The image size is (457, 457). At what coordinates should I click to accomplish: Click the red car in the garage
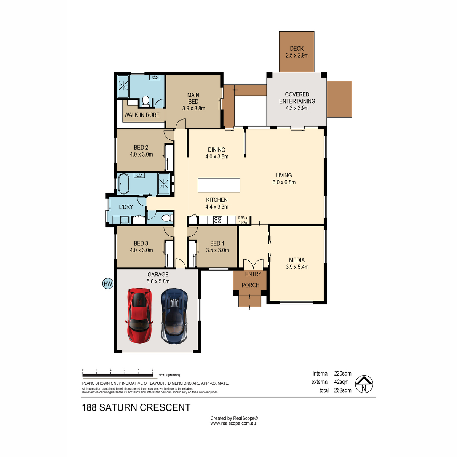click(139, 315)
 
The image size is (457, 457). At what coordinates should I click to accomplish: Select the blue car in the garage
click(174, 316)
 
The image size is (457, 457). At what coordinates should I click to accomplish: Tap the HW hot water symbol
click(108, 284)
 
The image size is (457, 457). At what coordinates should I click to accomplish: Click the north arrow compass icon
click(364, 384)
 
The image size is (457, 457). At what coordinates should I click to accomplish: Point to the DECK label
click(297, 49)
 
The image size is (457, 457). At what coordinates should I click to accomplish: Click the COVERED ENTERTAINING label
click(297, 98)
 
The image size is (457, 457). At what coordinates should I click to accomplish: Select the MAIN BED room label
click(193, 98)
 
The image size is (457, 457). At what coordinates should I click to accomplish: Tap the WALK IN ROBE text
click(142, 115)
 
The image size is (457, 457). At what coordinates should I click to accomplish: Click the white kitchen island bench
click(219, 185)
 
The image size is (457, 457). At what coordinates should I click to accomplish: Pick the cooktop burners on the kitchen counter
click(218, 220)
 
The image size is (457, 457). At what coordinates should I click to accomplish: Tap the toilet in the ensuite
click(145, 101)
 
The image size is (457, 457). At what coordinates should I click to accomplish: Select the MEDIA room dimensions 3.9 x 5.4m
click(297, 267)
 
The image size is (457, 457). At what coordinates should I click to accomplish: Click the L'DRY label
click(126, 207)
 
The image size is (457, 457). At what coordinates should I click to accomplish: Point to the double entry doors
click(253, 264)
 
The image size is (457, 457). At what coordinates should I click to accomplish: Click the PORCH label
click(250, 285)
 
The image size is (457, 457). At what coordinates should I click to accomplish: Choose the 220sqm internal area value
click(343, 374)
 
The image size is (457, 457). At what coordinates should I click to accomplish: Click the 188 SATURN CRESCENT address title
click(136, 407)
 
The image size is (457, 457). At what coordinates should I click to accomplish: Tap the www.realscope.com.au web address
click(233, 423)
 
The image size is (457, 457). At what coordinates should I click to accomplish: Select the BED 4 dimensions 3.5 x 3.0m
click(217, 250)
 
